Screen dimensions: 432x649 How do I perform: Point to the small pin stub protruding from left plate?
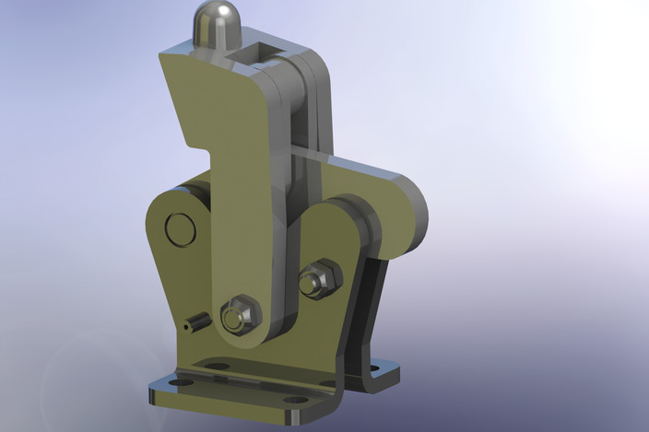(x=194, y=323)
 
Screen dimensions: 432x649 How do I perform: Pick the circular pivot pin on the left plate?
(x=180, y=229)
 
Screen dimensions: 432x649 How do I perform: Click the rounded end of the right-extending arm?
(x=410, y=208)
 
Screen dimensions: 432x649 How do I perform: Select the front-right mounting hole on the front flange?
(x=295, y=399)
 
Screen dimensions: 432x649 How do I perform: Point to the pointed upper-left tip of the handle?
(x=162, y=58)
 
